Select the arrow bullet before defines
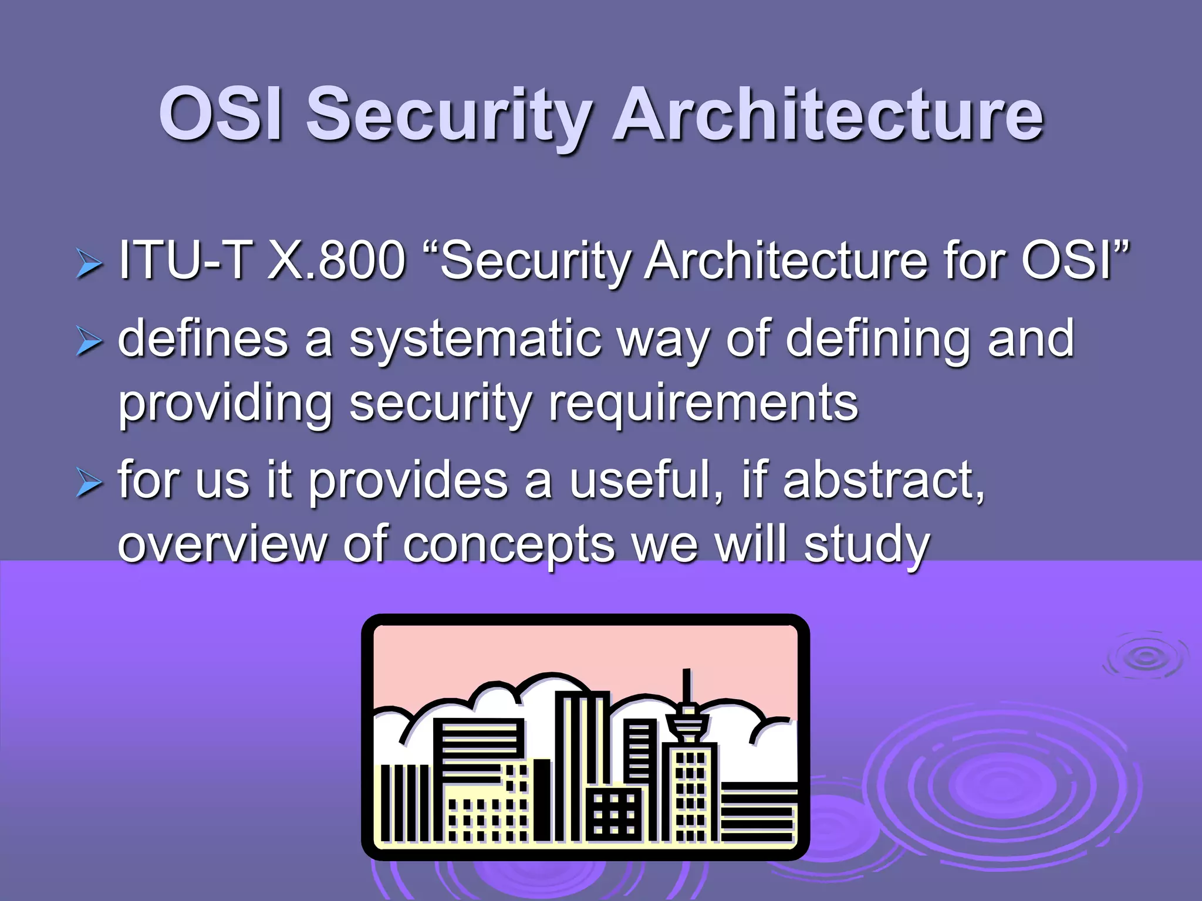(x=89, y=343)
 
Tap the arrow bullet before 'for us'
(x=89, y=485)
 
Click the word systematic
(x=475, y=340)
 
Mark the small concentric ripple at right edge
(x=1145, y=656)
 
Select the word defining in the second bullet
(x=878, y=340)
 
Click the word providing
(x=225, y=405)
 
